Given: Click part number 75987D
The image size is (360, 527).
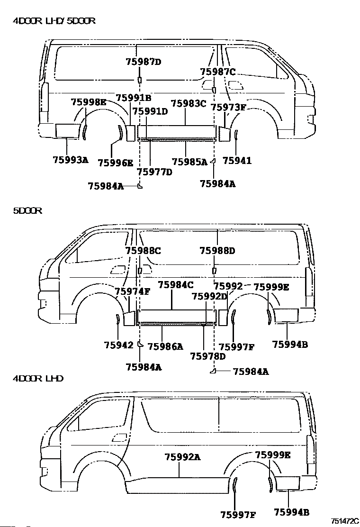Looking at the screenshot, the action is point(144,61).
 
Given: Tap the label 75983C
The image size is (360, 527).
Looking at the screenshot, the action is point(189,103).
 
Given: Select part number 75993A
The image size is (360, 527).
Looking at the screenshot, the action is point(70,160).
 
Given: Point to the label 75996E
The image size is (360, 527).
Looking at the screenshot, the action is point(115,163).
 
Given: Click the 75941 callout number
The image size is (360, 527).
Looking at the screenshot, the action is point(237,161).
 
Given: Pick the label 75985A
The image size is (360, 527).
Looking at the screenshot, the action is point(189,162).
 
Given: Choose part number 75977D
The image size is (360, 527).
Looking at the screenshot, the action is point(154,172).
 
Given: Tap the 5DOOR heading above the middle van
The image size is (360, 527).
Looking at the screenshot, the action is point(27,211).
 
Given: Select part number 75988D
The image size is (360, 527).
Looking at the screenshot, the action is point(217,251).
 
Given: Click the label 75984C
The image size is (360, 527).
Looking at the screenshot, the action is point(176,285).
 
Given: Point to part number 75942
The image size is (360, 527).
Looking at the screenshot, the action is point(118,345).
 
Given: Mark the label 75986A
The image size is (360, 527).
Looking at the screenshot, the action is point(165,346).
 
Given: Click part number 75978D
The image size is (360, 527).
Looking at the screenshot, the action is point(207,356).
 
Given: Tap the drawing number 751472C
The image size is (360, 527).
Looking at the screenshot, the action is point(345,521).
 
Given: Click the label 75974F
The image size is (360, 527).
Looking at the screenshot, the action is point(132,291).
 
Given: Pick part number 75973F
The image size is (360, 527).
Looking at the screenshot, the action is point(228,107).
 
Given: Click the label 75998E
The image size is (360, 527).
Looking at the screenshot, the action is point(89,101).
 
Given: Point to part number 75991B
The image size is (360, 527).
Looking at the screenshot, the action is point(134,98).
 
